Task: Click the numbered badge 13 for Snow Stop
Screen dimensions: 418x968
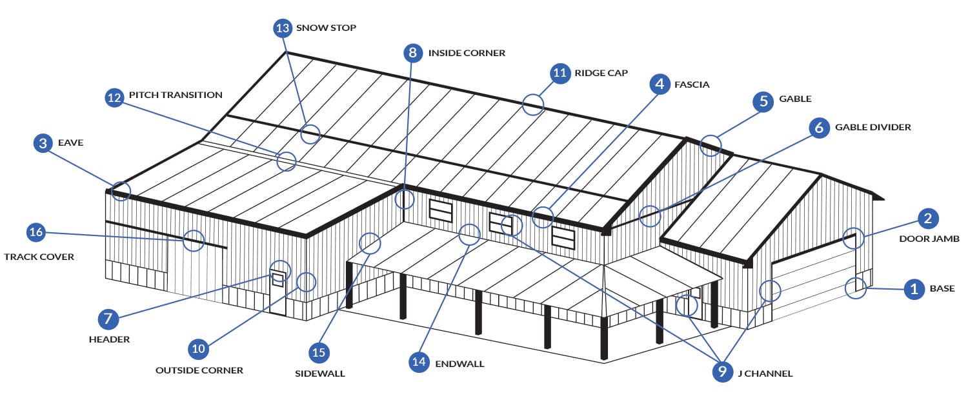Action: click(x=283, y=28)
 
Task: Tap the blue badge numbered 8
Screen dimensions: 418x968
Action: click(x=413, y=53)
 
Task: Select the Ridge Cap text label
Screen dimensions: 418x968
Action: click(x=601, y=74)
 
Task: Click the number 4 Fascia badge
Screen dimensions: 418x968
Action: click(x=659, y=85)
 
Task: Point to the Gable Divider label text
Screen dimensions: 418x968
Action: click(x=872, y=127)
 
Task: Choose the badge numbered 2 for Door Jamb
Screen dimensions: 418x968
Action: click(x=927, y=218)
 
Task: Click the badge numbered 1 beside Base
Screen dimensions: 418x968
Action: click(x=913, y=289)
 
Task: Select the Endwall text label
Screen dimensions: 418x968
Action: click(x=459, y=364)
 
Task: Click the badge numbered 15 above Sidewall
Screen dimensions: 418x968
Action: click(x=319, y=352)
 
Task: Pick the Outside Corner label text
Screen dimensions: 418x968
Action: click(x=199, y=370)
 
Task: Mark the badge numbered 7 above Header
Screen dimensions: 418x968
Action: click(x=108, y=319)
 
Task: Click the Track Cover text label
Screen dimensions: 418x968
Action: click(x=39, y=257)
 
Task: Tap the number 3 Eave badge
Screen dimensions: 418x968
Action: click(x=43, y=143)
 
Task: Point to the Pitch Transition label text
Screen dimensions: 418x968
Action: click(x=176, y=95)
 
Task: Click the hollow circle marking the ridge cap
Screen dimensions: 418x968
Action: click(x=532, y=104)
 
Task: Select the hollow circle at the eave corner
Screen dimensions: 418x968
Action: click(x=120, y=190)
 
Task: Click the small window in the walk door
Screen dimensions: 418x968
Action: click(x=278, y=279)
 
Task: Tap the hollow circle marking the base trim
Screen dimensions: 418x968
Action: click(x=856, y=286)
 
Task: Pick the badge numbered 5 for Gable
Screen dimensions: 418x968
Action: click(x=763, y=101)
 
